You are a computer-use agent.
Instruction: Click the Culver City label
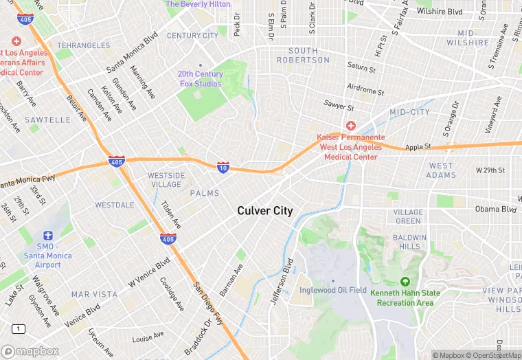click(264, 211)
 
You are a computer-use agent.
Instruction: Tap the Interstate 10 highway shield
click(223, 167)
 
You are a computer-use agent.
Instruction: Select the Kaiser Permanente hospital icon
click(350, 125)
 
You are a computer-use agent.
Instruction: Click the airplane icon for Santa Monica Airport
click(47, 236)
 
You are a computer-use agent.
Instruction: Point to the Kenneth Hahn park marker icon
click(405, 282)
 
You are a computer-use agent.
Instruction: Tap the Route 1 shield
click(19, 329)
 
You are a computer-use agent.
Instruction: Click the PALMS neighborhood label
click(205, 193)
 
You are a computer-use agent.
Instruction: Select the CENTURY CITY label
click(192, 36)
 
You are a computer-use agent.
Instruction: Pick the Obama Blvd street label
click(495, 209)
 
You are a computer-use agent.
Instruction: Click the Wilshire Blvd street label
click(439, 12)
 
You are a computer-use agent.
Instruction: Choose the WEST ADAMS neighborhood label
click(442, 170)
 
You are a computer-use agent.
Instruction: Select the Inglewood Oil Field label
click(333, 290)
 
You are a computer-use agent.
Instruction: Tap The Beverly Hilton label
click(198, 4)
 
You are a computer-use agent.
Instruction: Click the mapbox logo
click(30, 351)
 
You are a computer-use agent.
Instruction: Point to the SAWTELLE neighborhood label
click(48, 120)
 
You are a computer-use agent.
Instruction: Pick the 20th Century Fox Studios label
click(200, 79)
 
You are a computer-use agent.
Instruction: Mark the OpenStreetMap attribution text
click(493, 355)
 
